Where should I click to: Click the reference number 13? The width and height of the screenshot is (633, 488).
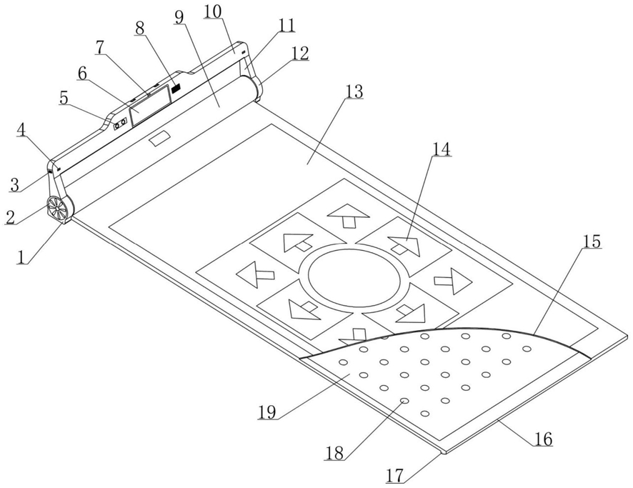tap(354, 91)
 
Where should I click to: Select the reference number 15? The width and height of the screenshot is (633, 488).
tap(592, 241)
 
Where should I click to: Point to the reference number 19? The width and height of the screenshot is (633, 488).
tap(267, 412)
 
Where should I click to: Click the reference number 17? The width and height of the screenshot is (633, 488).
tap(395, 475)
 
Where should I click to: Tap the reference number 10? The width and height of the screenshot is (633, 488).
tap(213, 11)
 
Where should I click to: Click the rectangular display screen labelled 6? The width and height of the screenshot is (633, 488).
tap(150, 104)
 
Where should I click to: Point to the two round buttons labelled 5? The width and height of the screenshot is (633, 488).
tap(121, 123)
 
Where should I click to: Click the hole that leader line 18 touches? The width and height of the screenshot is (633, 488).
tap(404, 401)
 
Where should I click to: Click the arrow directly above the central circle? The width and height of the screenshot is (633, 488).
tap(348, 217)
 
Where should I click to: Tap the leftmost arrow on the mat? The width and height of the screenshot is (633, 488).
tap(254, 275)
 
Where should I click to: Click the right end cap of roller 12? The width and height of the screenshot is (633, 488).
tap(256, 89)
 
